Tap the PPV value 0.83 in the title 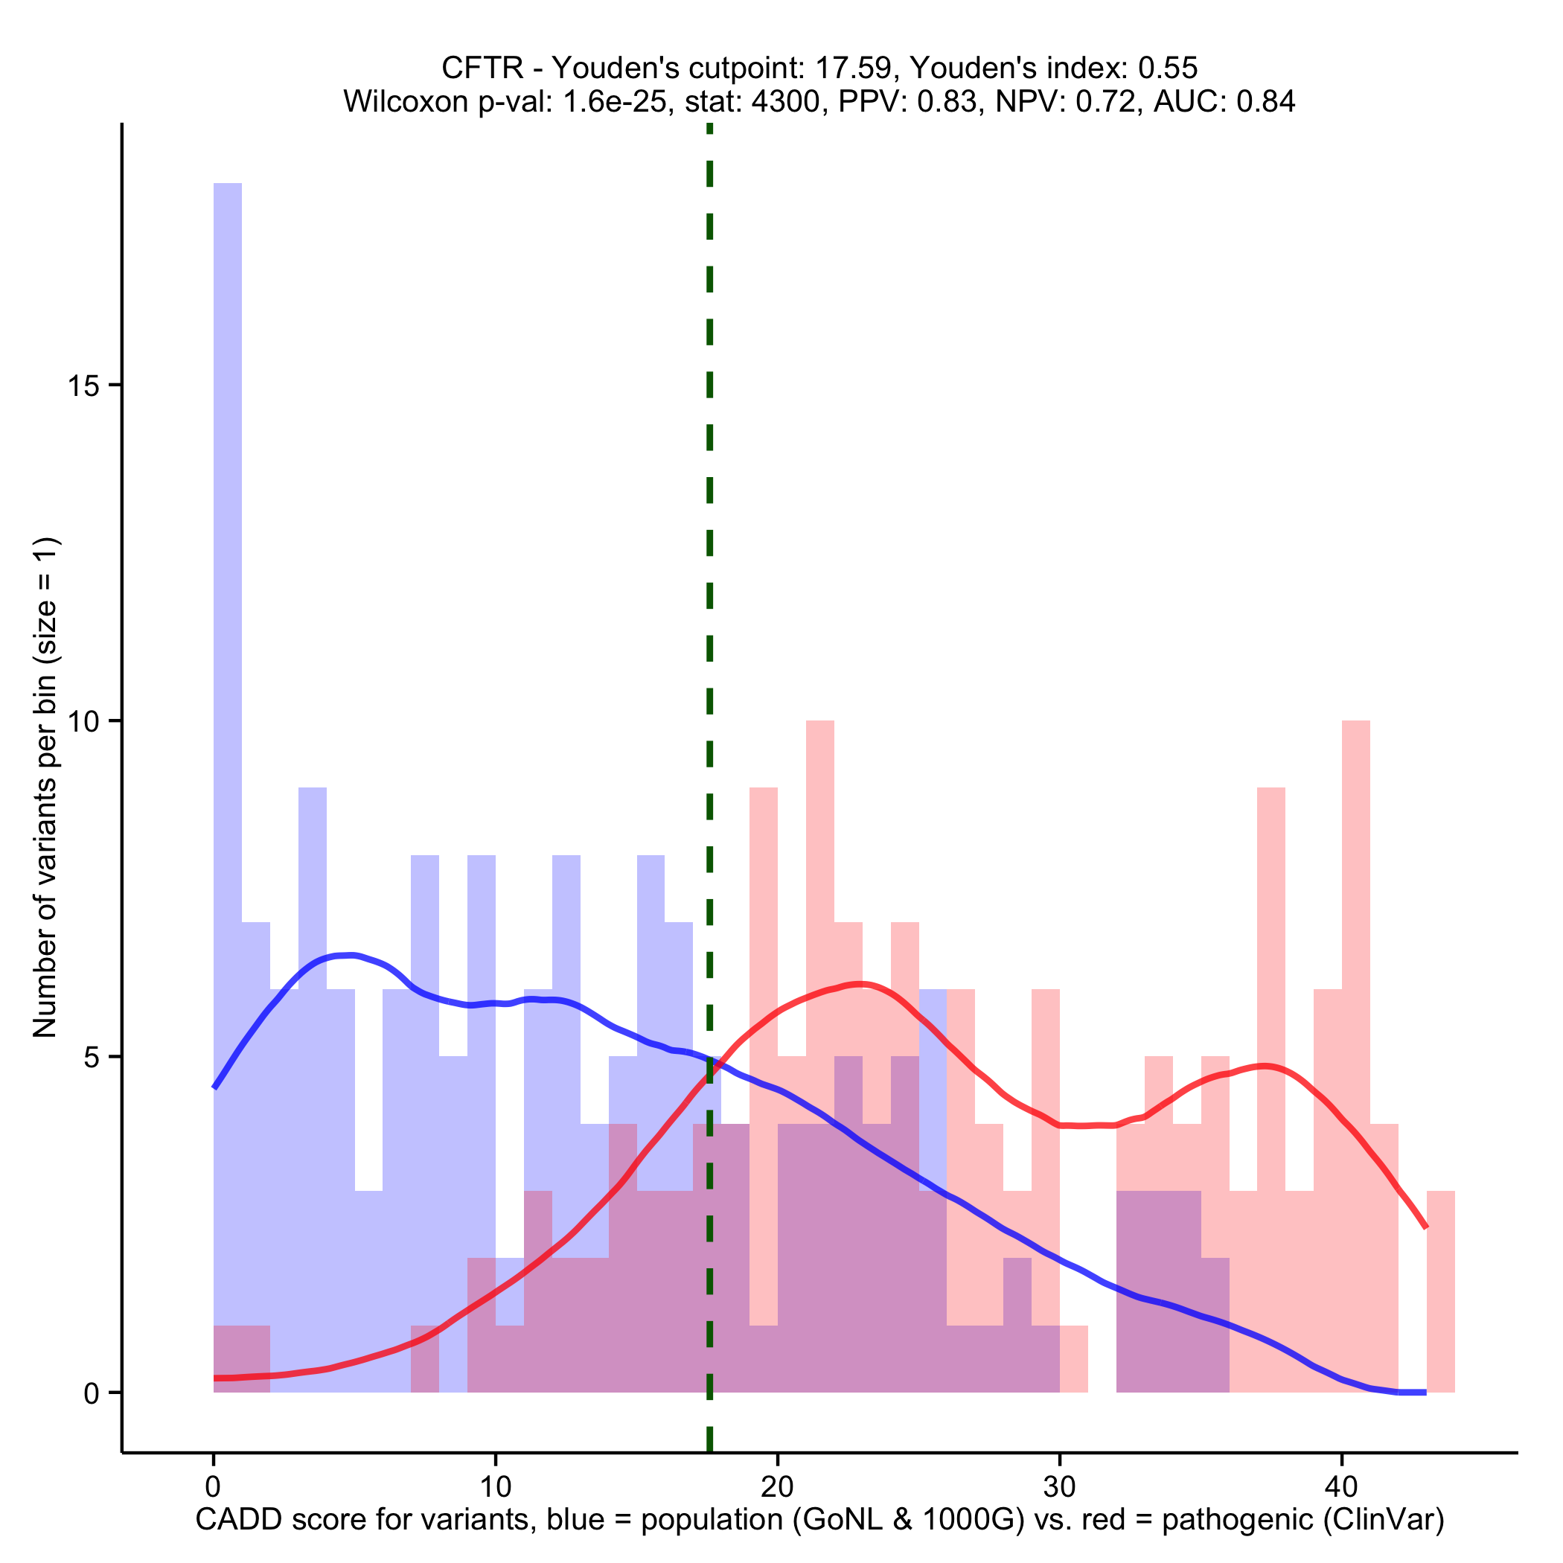point(947,102)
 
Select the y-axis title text point(45,787)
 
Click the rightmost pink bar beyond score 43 point(1441,1294)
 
